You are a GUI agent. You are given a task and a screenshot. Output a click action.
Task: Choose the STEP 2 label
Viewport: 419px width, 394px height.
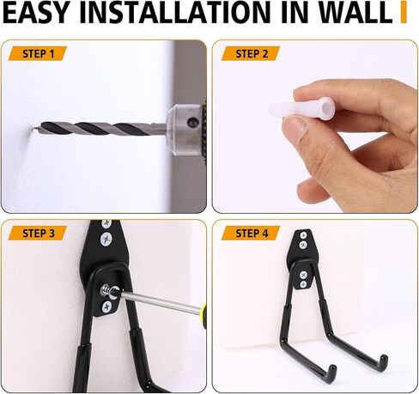252,54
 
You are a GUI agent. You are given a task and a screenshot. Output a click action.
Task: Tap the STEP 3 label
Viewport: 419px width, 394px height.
39,233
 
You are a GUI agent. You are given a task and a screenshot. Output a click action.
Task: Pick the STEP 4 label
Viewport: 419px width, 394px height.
252,233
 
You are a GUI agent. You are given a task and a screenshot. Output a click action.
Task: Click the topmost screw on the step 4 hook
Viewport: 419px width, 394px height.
302,235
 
